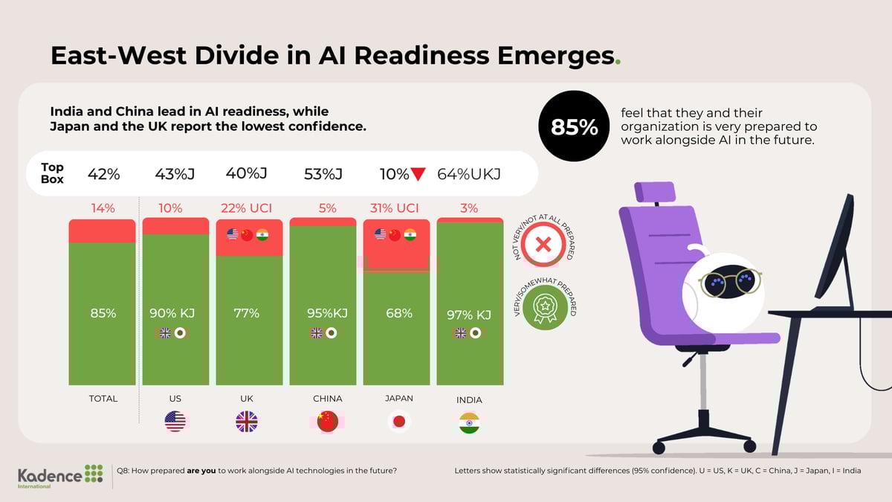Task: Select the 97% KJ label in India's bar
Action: coord(469,315)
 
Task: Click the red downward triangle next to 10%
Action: coord(418,175)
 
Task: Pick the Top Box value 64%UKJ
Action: coord(469,175)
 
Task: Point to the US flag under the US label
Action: coord(175,422)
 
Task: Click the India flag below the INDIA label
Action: coord(469,422)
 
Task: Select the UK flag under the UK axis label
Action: coord(247,422)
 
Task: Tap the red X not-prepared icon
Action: coord(543,243)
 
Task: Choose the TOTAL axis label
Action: coord(103,399)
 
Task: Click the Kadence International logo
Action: coord(61,476)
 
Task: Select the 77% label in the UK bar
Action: coord(247,314)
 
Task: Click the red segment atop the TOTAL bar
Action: coord(102,231)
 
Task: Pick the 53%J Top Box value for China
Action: coord(323,175)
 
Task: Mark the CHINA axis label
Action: coord(327,399)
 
